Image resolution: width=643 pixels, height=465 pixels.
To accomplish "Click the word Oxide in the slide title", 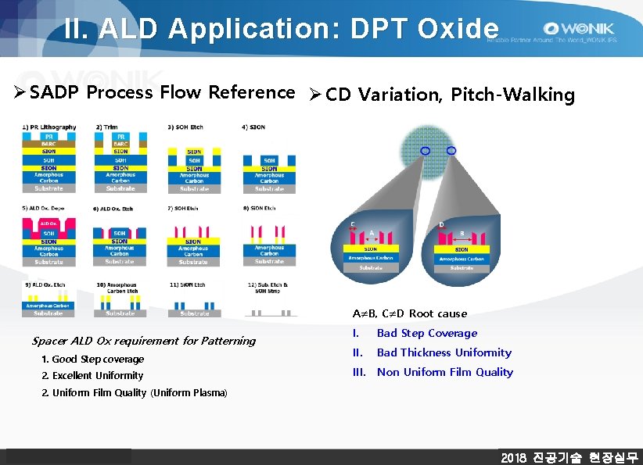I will (458, 28).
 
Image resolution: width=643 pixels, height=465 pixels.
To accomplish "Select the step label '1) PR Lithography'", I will (49, 127).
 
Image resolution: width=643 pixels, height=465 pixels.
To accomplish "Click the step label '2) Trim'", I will (107, 127).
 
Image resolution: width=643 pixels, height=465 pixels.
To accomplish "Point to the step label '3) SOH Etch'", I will (185, 127).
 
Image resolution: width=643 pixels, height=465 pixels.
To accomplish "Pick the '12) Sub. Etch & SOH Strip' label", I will (269, 288).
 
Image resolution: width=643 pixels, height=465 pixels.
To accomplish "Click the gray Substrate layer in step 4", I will (269, 188).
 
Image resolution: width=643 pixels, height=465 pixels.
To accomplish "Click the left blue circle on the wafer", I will (426, 150).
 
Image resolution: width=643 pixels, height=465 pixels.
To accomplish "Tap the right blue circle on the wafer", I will (451, 150).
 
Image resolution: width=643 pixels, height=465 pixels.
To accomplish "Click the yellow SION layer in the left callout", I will (372, 249).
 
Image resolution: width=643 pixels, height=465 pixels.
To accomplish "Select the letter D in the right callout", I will (442, 225).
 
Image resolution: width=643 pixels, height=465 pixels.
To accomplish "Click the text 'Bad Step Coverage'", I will (426, 333).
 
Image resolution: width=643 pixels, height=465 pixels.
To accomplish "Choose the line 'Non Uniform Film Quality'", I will (444, 372).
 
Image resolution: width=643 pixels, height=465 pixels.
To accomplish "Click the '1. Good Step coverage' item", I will (93, 359).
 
